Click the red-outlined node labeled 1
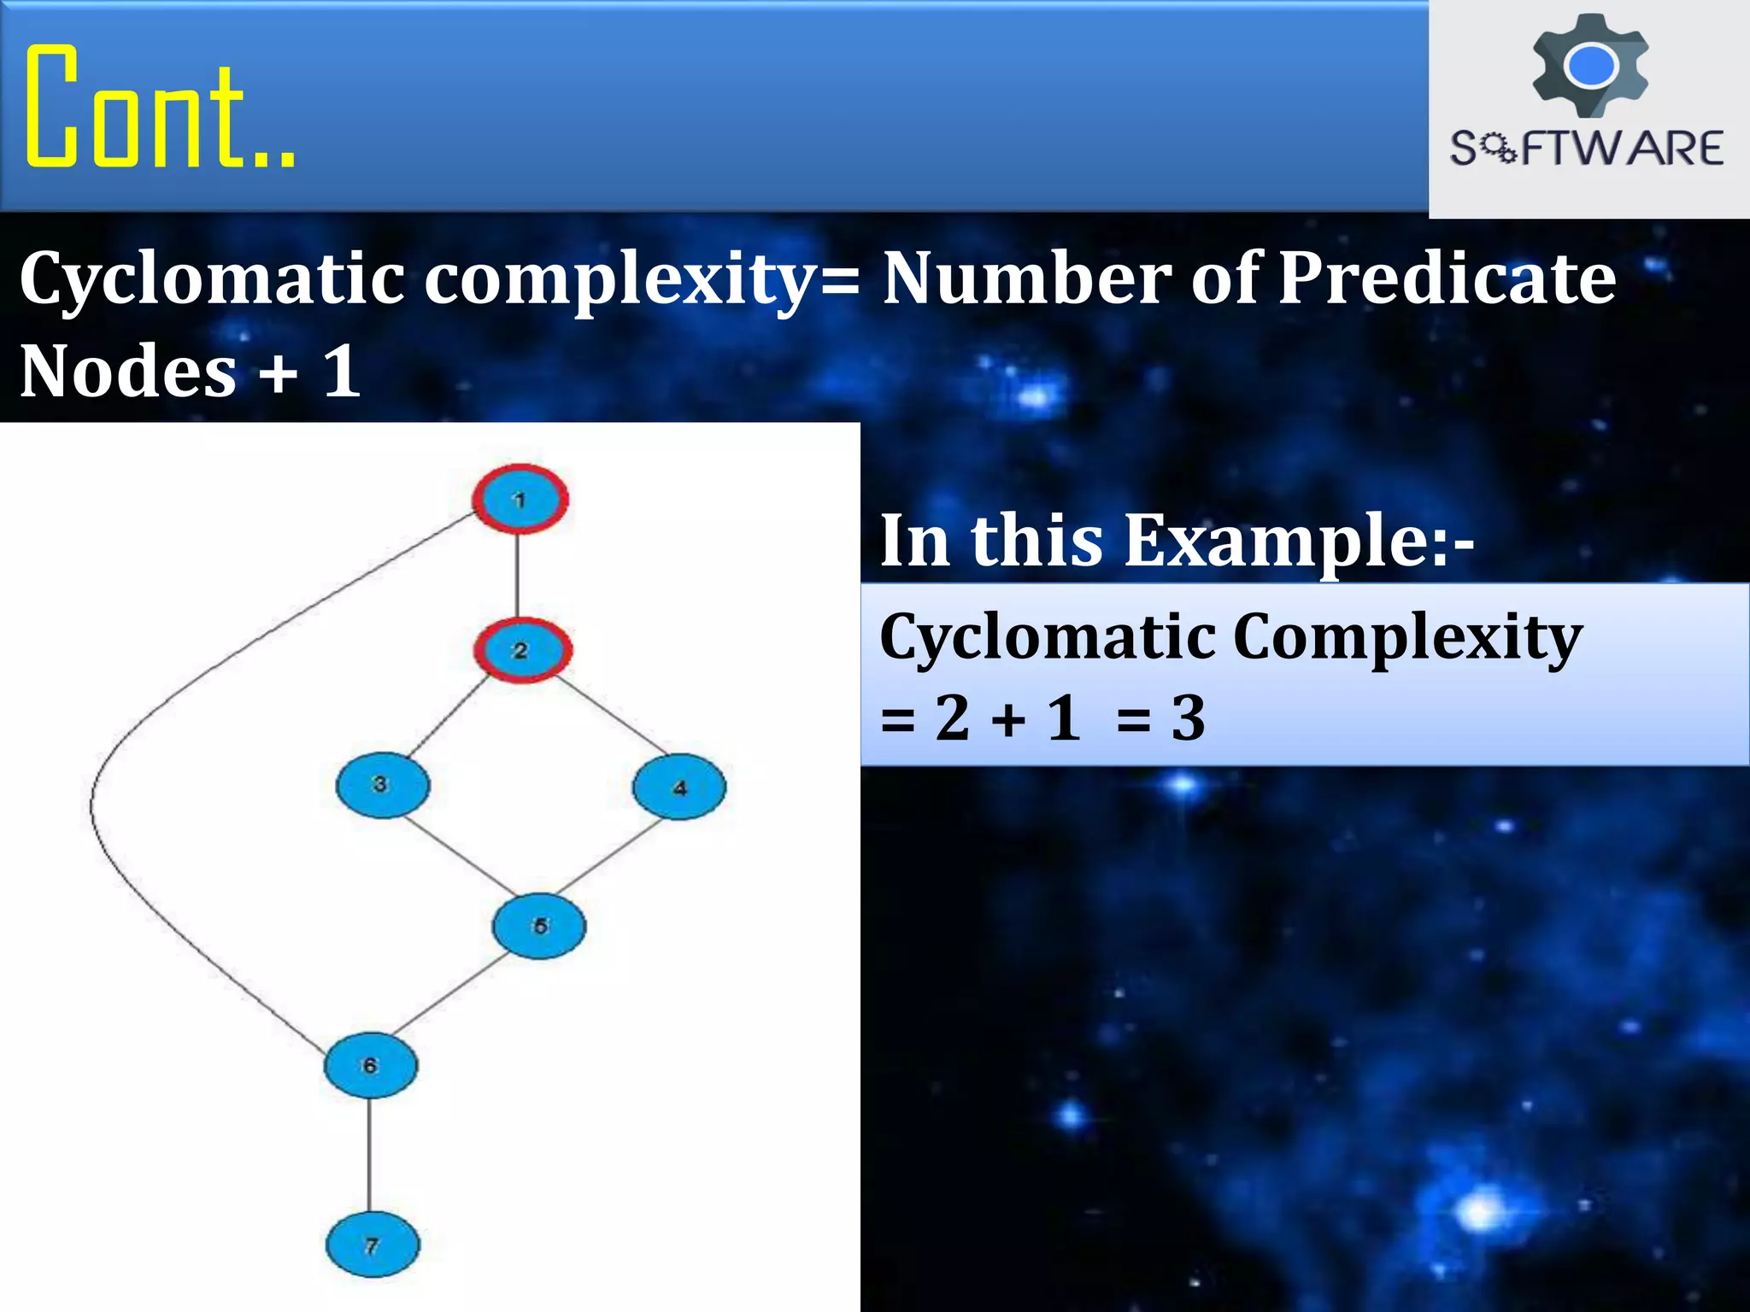click(x=520, y=500)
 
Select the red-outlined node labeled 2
click(x=522, y=651)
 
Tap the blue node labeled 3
click(x=382, y=785)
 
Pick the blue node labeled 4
click(x=679, y=787)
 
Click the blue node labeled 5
click(x=539, y=926)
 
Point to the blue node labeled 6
click(x=370, y=1065)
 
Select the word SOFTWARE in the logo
click(x=1587, y=149)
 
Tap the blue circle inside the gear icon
click(x=1589, y=66)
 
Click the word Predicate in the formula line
click(x=1447, y=278)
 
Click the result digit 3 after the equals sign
click(x=1188, y=717)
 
